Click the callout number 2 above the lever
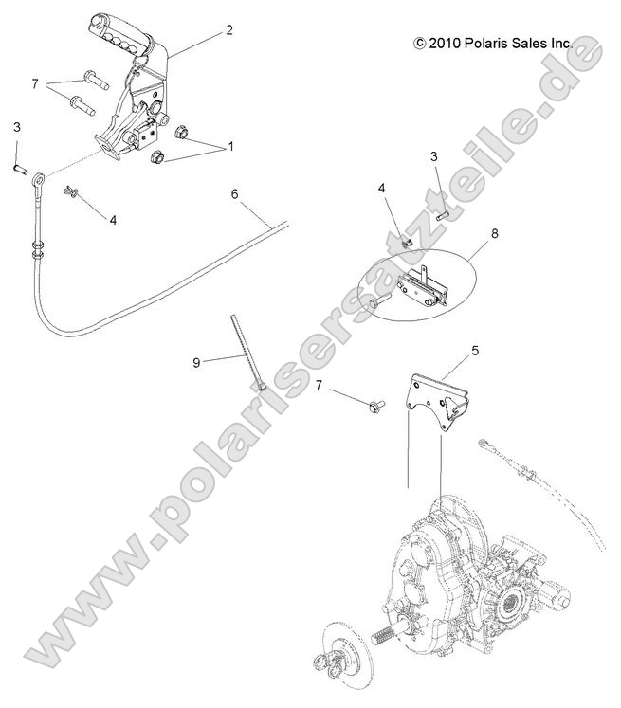228,30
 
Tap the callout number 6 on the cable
234,194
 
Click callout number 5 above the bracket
476,349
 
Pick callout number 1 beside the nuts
228,149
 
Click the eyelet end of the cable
38,177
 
